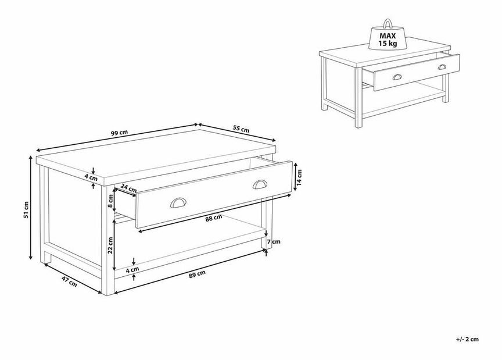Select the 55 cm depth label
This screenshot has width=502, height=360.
click(241, 129)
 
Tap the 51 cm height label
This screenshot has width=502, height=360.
click(26, 211)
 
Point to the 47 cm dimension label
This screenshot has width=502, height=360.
click(69, 281)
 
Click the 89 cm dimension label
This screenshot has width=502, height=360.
click(197, 275)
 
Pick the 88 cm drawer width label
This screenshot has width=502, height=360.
click(214, 218)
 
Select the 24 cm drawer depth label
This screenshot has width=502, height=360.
click(129, 188)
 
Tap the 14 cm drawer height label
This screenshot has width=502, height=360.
click(299, 178)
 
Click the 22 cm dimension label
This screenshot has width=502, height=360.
click(110, 245)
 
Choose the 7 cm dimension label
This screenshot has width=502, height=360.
click(274, 241)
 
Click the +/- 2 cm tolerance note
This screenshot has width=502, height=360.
click(467, 339)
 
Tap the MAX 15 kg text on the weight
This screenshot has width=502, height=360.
click(388, 40)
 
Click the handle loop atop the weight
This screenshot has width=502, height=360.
click(388, 23)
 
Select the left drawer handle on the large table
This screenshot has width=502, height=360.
click(178, 202)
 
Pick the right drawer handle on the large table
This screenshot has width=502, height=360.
click(260, 184)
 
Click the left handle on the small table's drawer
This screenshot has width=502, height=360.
click(397, 77)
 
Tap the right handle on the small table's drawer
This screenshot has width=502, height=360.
click(442, 67)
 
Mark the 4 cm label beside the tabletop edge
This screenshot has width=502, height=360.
click(91, 177)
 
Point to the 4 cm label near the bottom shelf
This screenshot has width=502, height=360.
click(132, 270)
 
